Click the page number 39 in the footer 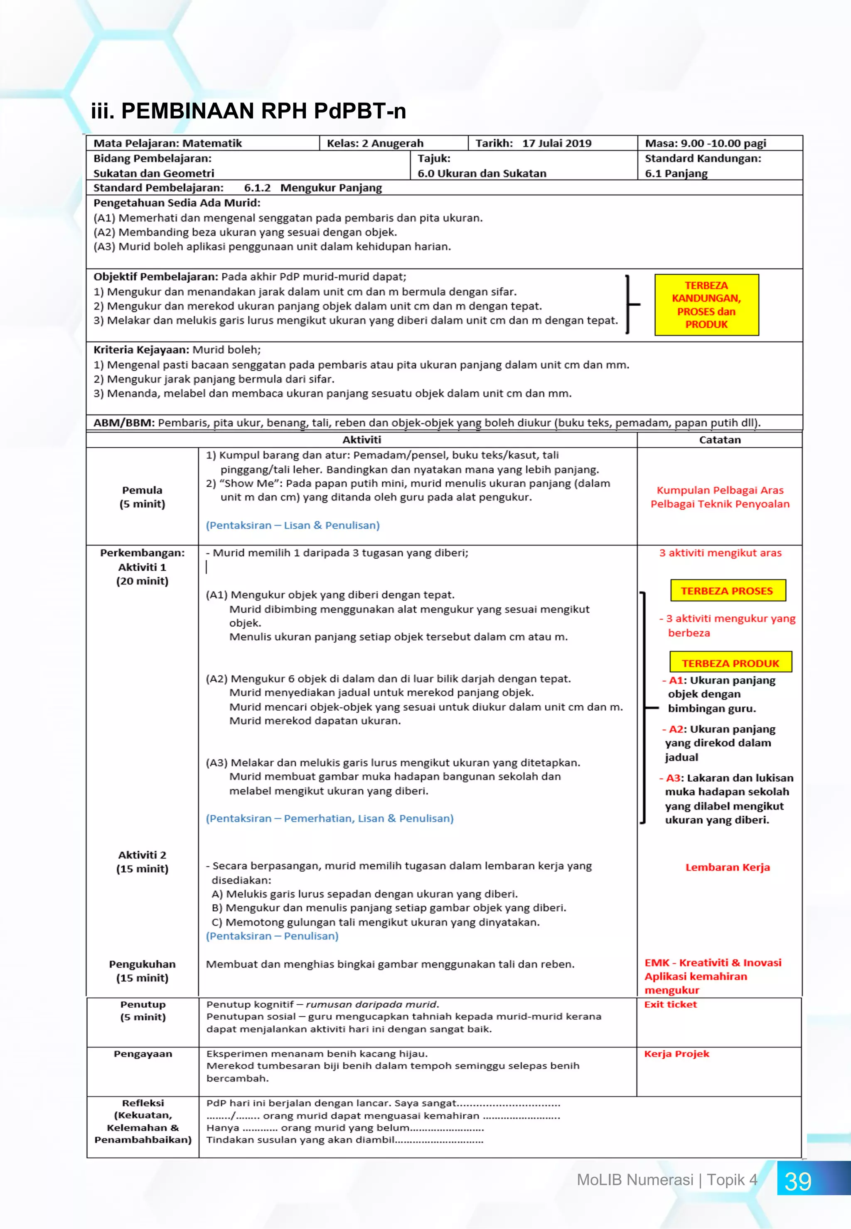798,1182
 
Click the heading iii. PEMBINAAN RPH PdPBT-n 248,111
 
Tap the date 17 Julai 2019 557,143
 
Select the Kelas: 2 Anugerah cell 375,143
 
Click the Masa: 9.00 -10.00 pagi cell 706,143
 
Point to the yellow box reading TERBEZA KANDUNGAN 706,305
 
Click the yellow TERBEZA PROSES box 726,591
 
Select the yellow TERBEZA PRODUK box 730,663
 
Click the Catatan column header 719,440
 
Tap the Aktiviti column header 362,440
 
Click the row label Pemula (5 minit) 143,497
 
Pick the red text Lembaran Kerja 727,867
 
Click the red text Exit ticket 670,1005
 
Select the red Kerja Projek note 676,1054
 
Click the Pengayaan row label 143,1054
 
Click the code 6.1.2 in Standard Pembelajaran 257,188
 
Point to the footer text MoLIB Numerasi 635,1180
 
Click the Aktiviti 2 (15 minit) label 143,862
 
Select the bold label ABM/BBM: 124,423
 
